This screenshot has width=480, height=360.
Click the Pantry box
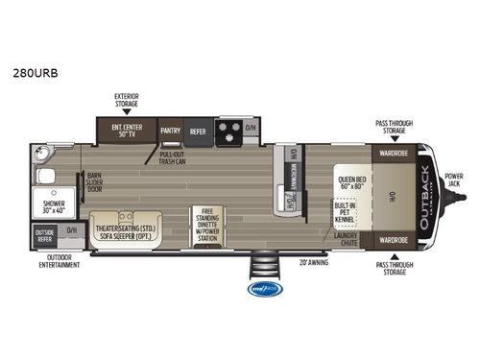pos(171,131)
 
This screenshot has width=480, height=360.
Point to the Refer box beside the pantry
pos(198,131)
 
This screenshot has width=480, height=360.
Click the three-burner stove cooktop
pos(230,131)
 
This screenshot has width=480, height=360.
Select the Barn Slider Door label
pos(94,182)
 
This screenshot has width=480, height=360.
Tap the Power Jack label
pos(454,180)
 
